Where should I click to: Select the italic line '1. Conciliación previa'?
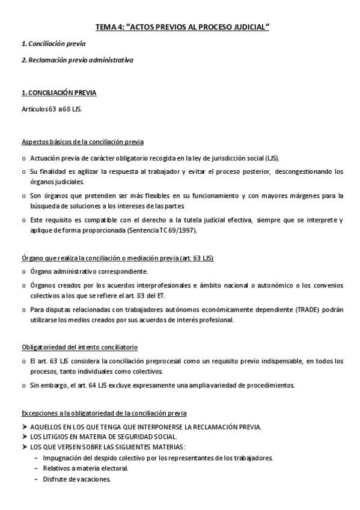pos(53,44)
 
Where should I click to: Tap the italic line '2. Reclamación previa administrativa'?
pos(77,60)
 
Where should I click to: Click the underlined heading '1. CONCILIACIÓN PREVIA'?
pos(59,93)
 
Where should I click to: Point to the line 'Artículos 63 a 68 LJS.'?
pos(52,109)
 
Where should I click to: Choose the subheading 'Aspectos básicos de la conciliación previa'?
pos(82,142)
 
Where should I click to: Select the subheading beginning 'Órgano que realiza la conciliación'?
pos(118,258)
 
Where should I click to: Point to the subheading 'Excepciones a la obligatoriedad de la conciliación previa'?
pos(104,414)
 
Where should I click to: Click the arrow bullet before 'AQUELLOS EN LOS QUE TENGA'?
pos(25,426)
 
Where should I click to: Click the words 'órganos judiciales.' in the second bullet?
pos(57,182)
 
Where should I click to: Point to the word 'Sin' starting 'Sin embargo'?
pos(35,385)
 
